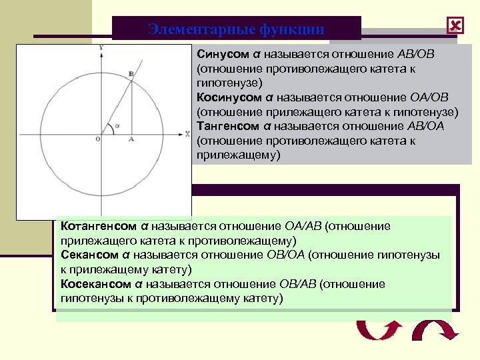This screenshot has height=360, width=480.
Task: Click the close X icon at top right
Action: point(455,26)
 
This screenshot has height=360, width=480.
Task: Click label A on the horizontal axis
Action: point(131,139)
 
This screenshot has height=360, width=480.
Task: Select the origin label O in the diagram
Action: point(98,139)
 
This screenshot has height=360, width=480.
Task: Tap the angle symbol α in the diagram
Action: point(117,124)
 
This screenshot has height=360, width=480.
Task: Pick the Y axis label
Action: point(100,48)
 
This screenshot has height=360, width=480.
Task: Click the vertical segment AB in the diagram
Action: point(131,107)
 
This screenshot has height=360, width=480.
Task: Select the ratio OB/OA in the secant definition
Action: point(279,255)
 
